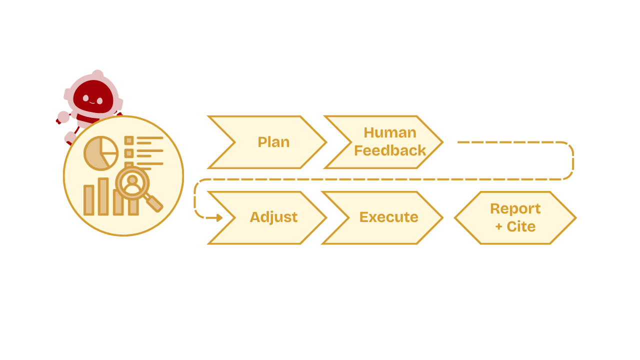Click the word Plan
[273, 142]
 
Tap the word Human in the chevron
[389, 132]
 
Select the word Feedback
[390, 150]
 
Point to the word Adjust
[273, 217]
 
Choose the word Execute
[388, 217]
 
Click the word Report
[515, 208]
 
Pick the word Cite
[521, 226]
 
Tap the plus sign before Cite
[498, 227]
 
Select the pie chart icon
[100, 153]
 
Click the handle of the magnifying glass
[154, 203]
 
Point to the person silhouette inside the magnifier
[132, 183]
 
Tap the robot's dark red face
[92, 97]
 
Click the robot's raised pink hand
[63, 117]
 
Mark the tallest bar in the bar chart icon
[103, 196]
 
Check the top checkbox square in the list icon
[129, 140]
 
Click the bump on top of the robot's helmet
[97, 74]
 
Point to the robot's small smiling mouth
[92, 103]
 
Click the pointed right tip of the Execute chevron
[442, 217]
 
